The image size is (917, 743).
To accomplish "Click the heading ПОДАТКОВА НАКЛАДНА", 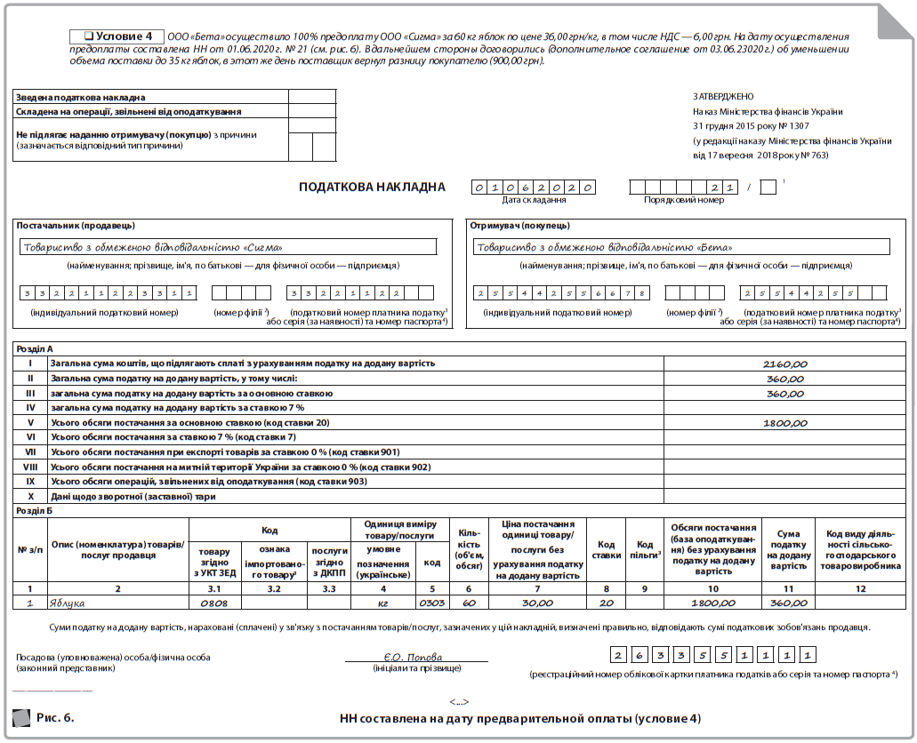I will pos(372,187).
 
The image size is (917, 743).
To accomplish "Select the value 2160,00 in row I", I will pos(784,364).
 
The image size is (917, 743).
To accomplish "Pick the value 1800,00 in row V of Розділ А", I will pos(784,423).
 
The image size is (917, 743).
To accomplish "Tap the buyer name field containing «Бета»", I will pos(680,248).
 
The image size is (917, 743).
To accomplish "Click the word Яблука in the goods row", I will pos(68,603).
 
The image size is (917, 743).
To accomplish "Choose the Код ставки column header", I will pos(607,549).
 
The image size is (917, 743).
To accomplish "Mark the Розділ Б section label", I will pos(36,511).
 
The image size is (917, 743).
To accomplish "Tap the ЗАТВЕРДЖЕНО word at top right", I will pos(723,97).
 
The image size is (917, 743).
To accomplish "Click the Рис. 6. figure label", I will pos(55,716).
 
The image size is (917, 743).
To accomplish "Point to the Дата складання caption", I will pos(534,200).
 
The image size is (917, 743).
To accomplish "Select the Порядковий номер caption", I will pos(684,200).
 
